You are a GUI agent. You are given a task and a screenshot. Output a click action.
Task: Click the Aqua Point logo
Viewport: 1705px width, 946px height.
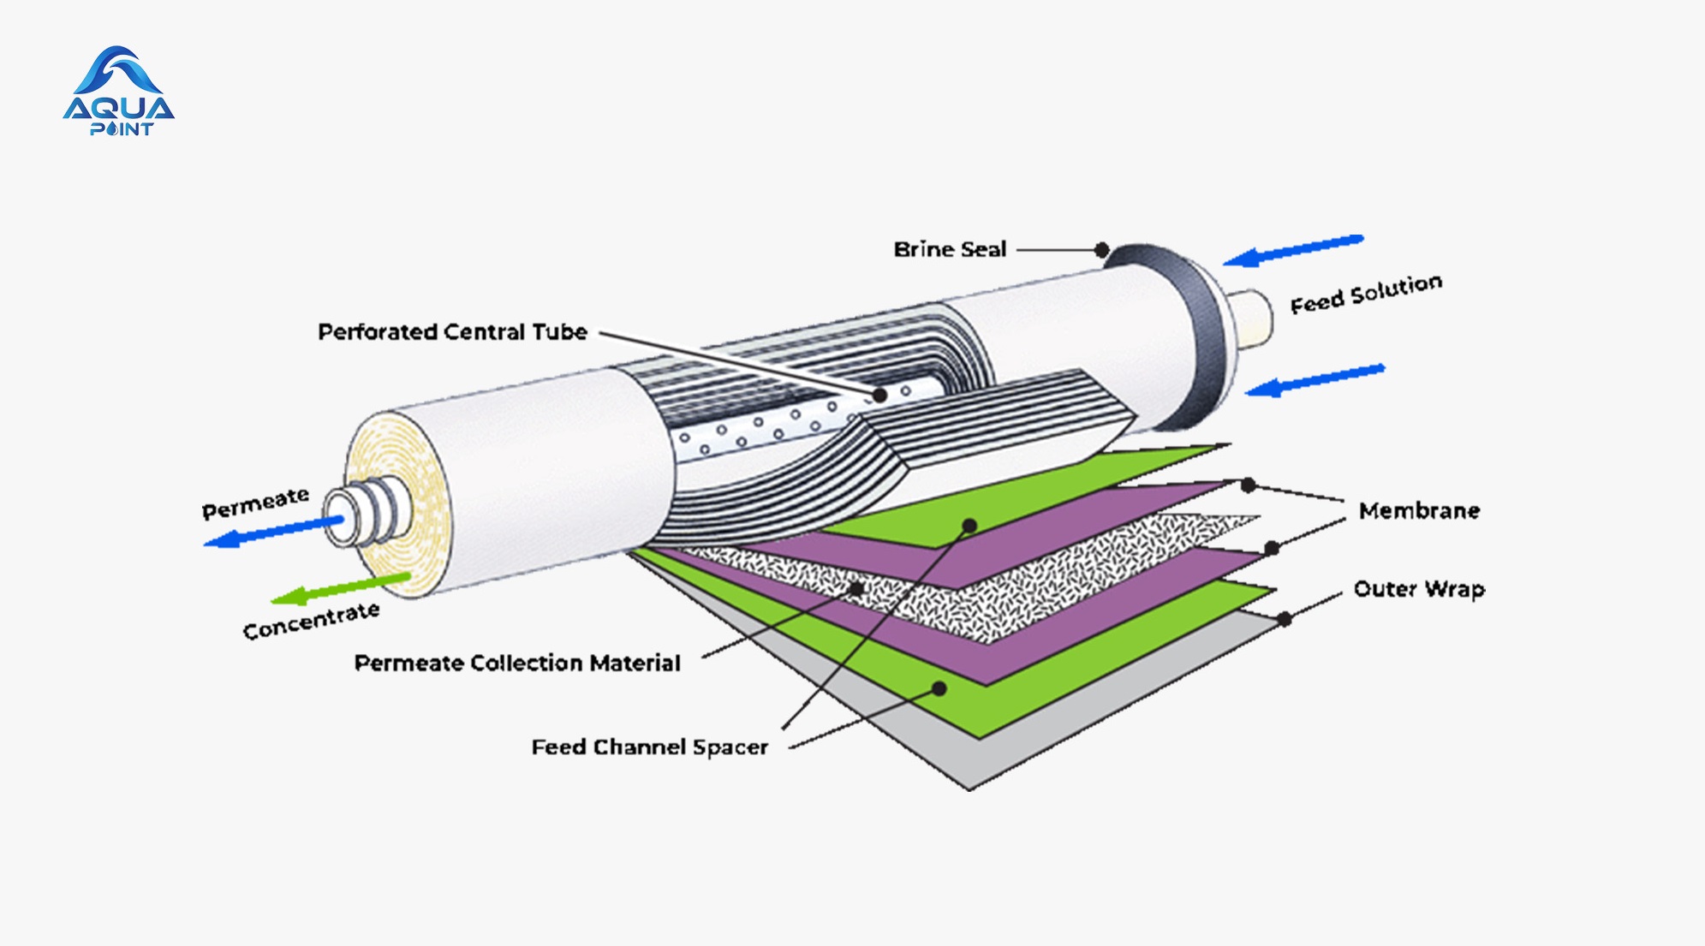(x=119, y=92)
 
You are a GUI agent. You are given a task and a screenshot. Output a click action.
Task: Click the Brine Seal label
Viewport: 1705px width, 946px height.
(x=950, y=249)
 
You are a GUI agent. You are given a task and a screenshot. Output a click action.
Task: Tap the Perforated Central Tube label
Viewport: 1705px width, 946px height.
(x=452, y=332)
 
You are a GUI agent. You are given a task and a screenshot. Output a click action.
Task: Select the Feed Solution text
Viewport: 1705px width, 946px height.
(x=1366, y=293)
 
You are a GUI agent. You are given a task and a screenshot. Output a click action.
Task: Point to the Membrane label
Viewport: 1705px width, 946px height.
(x=1419, y=511)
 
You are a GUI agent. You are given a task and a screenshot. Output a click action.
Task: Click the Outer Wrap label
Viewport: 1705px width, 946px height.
(x=1419, y=589)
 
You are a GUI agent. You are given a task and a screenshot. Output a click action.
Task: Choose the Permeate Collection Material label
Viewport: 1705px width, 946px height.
(x=517, y=663)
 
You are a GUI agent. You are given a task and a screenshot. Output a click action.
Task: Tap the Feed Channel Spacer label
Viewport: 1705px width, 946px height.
(x=650, y=747)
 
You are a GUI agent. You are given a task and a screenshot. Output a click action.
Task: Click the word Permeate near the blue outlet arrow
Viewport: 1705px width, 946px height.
(x=255, y=503)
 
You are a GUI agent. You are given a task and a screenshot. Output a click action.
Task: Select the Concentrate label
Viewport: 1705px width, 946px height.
(x=311, y=620)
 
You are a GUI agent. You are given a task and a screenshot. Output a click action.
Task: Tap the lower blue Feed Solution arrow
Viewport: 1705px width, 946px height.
(x=1315, y=380)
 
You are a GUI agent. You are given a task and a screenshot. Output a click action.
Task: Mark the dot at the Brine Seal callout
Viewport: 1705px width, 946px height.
(x=1102, y=250)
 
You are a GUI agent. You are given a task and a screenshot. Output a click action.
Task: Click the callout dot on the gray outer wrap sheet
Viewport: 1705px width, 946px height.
(x=1284, y=619)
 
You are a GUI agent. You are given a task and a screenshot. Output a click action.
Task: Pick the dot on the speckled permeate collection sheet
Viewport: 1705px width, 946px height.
(x=855, y=589)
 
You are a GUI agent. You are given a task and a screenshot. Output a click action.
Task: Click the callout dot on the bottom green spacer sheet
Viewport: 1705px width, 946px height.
(x=939, y=688)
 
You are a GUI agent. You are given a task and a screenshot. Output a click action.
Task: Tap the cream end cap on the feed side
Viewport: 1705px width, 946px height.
(x=1251, y=318)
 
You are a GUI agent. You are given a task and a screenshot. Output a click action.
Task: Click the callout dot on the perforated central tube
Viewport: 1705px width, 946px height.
(x=879, y=395)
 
